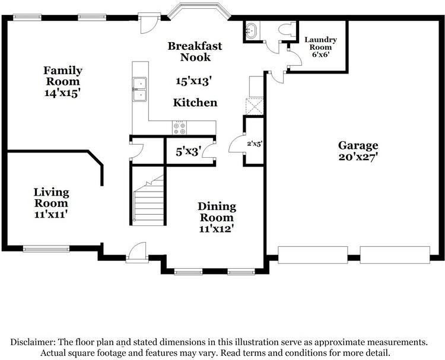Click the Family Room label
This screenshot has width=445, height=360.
coord(63,76)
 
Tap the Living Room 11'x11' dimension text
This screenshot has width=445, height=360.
coord(51,214)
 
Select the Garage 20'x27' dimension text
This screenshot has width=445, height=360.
coord(358,157)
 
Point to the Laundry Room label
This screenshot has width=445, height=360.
coord(320,43)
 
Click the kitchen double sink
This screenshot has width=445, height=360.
coord(139,90)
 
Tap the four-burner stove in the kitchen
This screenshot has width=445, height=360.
coord(180,128)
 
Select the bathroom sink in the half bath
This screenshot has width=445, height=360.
coord(250,31)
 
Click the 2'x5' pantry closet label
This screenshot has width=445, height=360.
coord(255,144)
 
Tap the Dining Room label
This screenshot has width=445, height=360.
coord(217,212)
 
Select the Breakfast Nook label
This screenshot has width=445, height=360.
coord(195,52)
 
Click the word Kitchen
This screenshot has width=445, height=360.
coord(195,103)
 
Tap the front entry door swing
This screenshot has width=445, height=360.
coord(137,251)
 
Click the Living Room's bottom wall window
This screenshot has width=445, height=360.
coord(46,249)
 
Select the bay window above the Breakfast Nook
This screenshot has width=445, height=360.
coord(199,11)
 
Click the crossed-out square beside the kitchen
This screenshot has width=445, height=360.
coord(255,106)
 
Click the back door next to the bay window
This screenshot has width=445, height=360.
coord(150,23)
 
